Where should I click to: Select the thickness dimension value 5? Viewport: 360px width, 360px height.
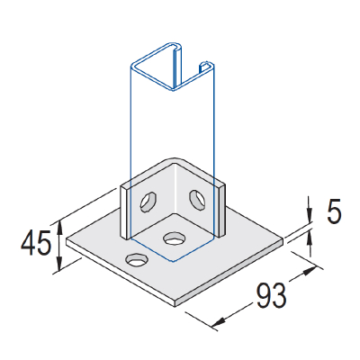pyautogui.click(x=333, y=213)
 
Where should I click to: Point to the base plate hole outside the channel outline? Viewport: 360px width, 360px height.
pyautogui.click(x=137, y=260)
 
